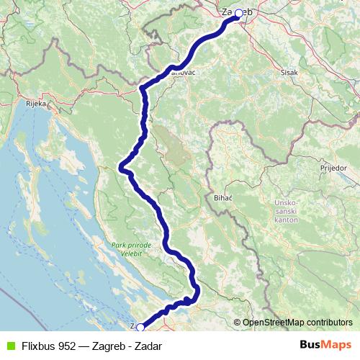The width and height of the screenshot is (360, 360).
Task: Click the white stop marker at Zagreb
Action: [238, 13]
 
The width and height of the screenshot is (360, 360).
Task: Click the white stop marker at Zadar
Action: [140, 327]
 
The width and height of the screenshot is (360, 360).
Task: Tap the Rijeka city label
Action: [36, 104]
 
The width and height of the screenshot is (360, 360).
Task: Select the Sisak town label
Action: [289, 72]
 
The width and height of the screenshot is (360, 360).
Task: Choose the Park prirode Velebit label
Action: [131, 248]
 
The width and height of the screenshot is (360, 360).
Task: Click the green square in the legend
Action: [9, 346]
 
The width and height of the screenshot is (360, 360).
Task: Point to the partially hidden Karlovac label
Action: [183, 72]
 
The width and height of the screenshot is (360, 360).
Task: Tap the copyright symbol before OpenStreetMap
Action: [237, 323]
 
